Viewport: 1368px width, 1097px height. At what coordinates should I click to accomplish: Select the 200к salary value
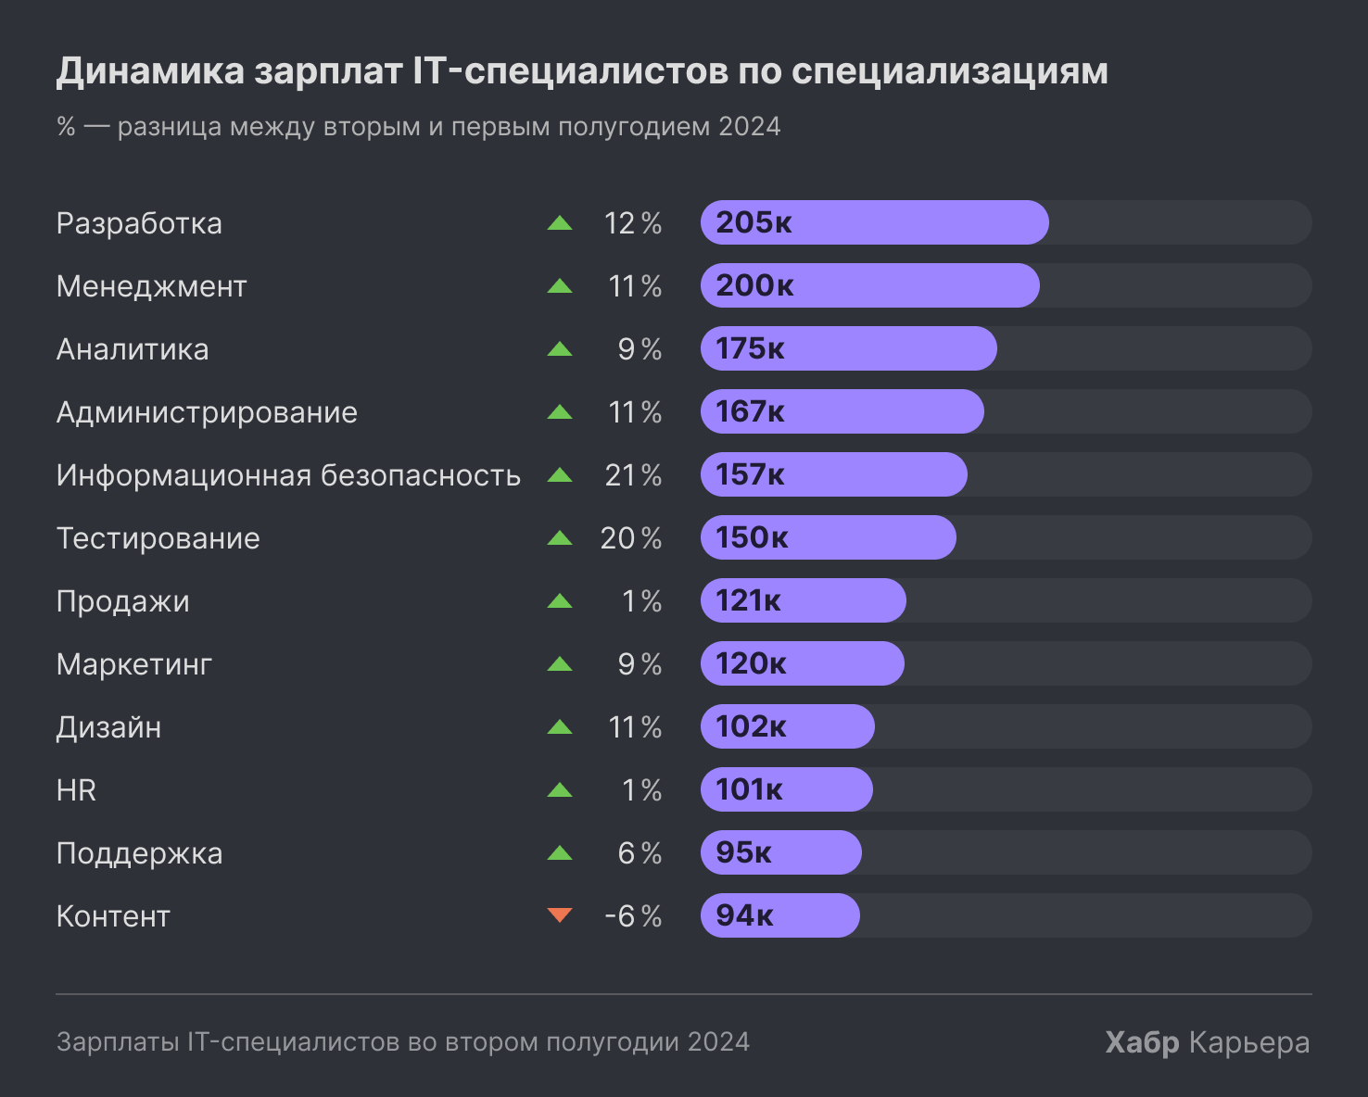[x=754, y=285]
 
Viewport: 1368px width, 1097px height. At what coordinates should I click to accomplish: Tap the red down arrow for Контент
[x=560, y=915]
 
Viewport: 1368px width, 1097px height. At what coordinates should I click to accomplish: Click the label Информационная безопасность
[x=288, y=475]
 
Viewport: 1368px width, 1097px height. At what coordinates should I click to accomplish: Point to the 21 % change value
[x=633, y=475]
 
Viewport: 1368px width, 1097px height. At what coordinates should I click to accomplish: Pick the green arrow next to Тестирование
[x=560, y=537]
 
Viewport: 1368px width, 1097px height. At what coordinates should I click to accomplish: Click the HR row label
[x=76, y=790]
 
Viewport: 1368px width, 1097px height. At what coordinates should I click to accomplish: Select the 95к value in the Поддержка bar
[x=743, y=852]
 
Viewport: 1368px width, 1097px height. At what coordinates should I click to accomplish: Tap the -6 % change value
[x=633, y=916]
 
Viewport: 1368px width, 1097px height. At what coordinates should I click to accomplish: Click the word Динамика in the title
[x=150, y=71]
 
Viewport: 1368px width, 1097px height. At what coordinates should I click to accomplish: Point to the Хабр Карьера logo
[x=1207, y=1042]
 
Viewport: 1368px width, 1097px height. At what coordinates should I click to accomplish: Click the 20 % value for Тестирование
[x=631, y=538]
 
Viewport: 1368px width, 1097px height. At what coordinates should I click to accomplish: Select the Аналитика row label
[x=133, y=349]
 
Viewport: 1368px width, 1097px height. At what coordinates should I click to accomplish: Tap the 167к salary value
[x=750, y=411]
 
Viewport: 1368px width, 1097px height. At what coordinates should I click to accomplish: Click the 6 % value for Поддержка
[x=640, y=853]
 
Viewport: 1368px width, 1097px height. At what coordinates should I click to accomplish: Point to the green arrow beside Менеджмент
[x=560, y=286]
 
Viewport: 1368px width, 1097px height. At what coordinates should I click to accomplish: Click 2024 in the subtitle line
[x=749, y=126]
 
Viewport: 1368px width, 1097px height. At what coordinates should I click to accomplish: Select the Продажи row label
[x=122, y=601]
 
